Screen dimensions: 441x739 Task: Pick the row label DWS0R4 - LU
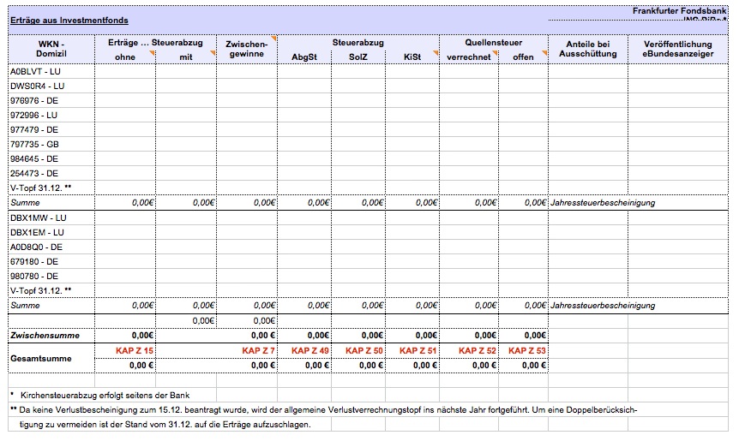[x=38, y=86]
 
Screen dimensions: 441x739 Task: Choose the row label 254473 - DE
[x=34, y=173]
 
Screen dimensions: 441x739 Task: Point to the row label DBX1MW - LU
[x=38, y=218]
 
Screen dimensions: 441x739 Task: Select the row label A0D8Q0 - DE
[x=36, y=247]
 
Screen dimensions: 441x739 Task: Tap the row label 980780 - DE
[x=34, y=276]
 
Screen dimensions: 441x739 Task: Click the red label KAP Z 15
[x=135, y=351]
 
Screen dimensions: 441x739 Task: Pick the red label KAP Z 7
[x=258, y=351]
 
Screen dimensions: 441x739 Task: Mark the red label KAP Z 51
[x=418, y=351]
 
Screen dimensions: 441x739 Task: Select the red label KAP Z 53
[x=527, y=351]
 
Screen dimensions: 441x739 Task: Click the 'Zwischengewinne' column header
[x=247, y=49]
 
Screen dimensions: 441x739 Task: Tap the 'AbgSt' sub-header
[x=304, y=57]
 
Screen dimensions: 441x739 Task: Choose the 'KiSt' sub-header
[x=413, y=57]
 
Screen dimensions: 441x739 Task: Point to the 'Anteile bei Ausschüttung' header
[x=587, y=49]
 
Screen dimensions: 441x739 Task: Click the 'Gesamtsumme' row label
[x=41, y=358]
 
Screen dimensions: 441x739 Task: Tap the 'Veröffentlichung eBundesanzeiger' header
[x=677, y=49]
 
